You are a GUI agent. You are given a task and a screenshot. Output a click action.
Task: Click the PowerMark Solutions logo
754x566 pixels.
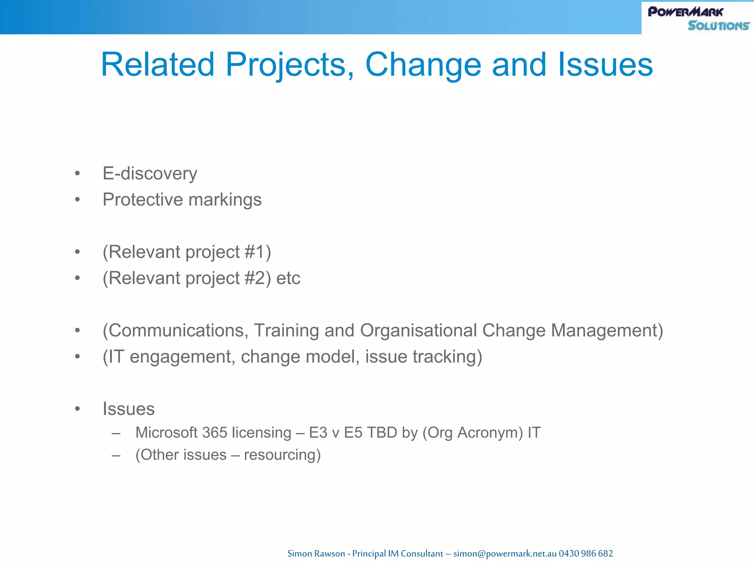point(698,18)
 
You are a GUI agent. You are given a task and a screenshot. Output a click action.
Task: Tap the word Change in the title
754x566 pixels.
point(423,65)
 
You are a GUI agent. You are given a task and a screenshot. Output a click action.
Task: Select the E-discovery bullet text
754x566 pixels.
point(150,174)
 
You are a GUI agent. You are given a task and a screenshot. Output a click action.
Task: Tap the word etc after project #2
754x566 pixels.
point(288,278)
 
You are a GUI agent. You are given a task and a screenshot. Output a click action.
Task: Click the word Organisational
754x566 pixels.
point(419,331)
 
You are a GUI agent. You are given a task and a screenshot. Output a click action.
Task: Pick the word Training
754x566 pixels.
point(286,331)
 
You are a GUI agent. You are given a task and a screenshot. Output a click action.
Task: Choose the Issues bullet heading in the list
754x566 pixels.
point(128,409)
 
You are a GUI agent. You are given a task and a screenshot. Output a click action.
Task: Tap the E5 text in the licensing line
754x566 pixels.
point(353,433)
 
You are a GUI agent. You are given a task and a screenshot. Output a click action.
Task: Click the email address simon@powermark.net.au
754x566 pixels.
point(505,553)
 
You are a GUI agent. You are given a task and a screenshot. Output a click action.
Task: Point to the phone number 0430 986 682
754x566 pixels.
point(586,553)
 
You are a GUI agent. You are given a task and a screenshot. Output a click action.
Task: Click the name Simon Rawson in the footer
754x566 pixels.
point(316,553)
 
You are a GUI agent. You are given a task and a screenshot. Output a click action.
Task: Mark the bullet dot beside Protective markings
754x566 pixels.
point(77,200)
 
